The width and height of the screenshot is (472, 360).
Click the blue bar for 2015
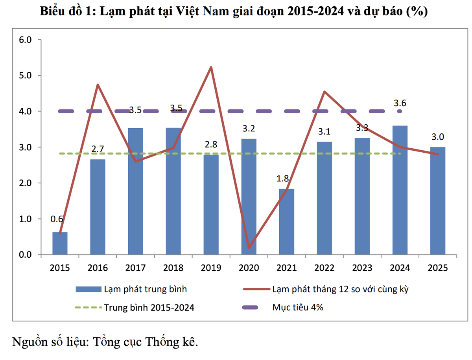(x=60, y=244)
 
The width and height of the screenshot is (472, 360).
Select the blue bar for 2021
(x=286, y=222)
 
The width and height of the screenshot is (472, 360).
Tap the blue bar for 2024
(x=400, y=190)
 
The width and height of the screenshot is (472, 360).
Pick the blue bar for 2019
(x=211, y=205)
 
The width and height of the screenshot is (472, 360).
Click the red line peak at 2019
(x=211, y=67)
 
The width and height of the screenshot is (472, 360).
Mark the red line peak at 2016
(x=98, y=85)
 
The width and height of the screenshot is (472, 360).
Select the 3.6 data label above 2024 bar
(x=400, y=103)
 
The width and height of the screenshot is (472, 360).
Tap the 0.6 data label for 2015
(x=57, y=220)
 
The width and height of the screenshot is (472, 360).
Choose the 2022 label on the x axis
(x=324, y=268)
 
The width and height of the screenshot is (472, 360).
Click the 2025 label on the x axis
(x=438, y=268)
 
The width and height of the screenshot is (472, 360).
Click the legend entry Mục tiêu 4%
(x=298, y=307)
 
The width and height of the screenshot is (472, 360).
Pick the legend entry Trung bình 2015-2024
(x=149, y=307)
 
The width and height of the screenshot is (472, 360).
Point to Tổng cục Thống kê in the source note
(x=144, y=341)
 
